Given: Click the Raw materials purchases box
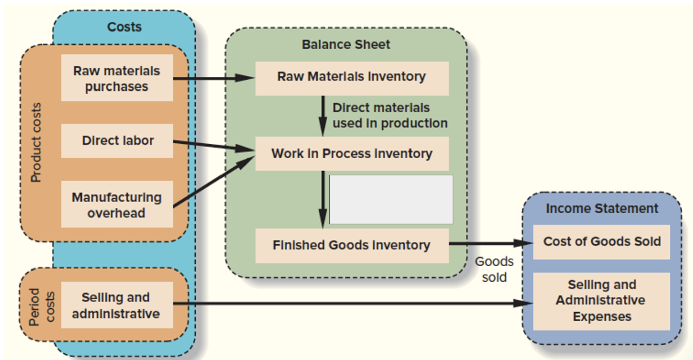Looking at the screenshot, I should [x=117, y=78].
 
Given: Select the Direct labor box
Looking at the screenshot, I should [x=117, y=141].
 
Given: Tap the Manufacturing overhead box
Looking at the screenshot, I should [x=117, y=204].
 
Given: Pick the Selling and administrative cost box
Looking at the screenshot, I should [x=117, y=305].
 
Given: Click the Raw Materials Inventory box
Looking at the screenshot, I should [x=352, y=78].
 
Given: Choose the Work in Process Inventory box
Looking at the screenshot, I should [x=352, y=154].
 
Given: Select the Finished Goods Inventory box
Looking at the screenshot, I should [x=352, y=245].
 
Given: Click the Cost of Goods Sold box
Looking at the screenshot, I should [x=602, y=242].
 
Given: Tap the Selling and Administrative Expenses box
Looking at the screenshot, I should [x=602, y=301].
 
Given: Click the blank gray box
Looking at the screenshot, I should [x=391, y=199].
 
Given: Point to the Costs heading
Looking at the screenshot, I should [x=124, y=27].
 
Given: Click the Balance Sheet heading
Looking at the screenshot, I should [x=346, y=44].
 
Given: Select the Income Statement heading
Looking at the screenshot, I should [x=602, y=208].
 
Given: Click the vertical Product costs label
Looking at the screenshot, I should [x=36, y=142].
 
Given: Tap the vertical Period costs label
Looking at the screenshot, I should [x=42, y=307].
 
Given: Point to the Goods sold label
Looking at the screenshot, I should [x=494, y=269].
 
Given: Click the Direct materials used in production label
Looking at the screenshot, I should [x=390, y=115].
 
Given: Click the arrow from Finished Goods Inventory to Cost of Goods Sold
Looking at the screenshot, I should [x=491, y=243].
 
